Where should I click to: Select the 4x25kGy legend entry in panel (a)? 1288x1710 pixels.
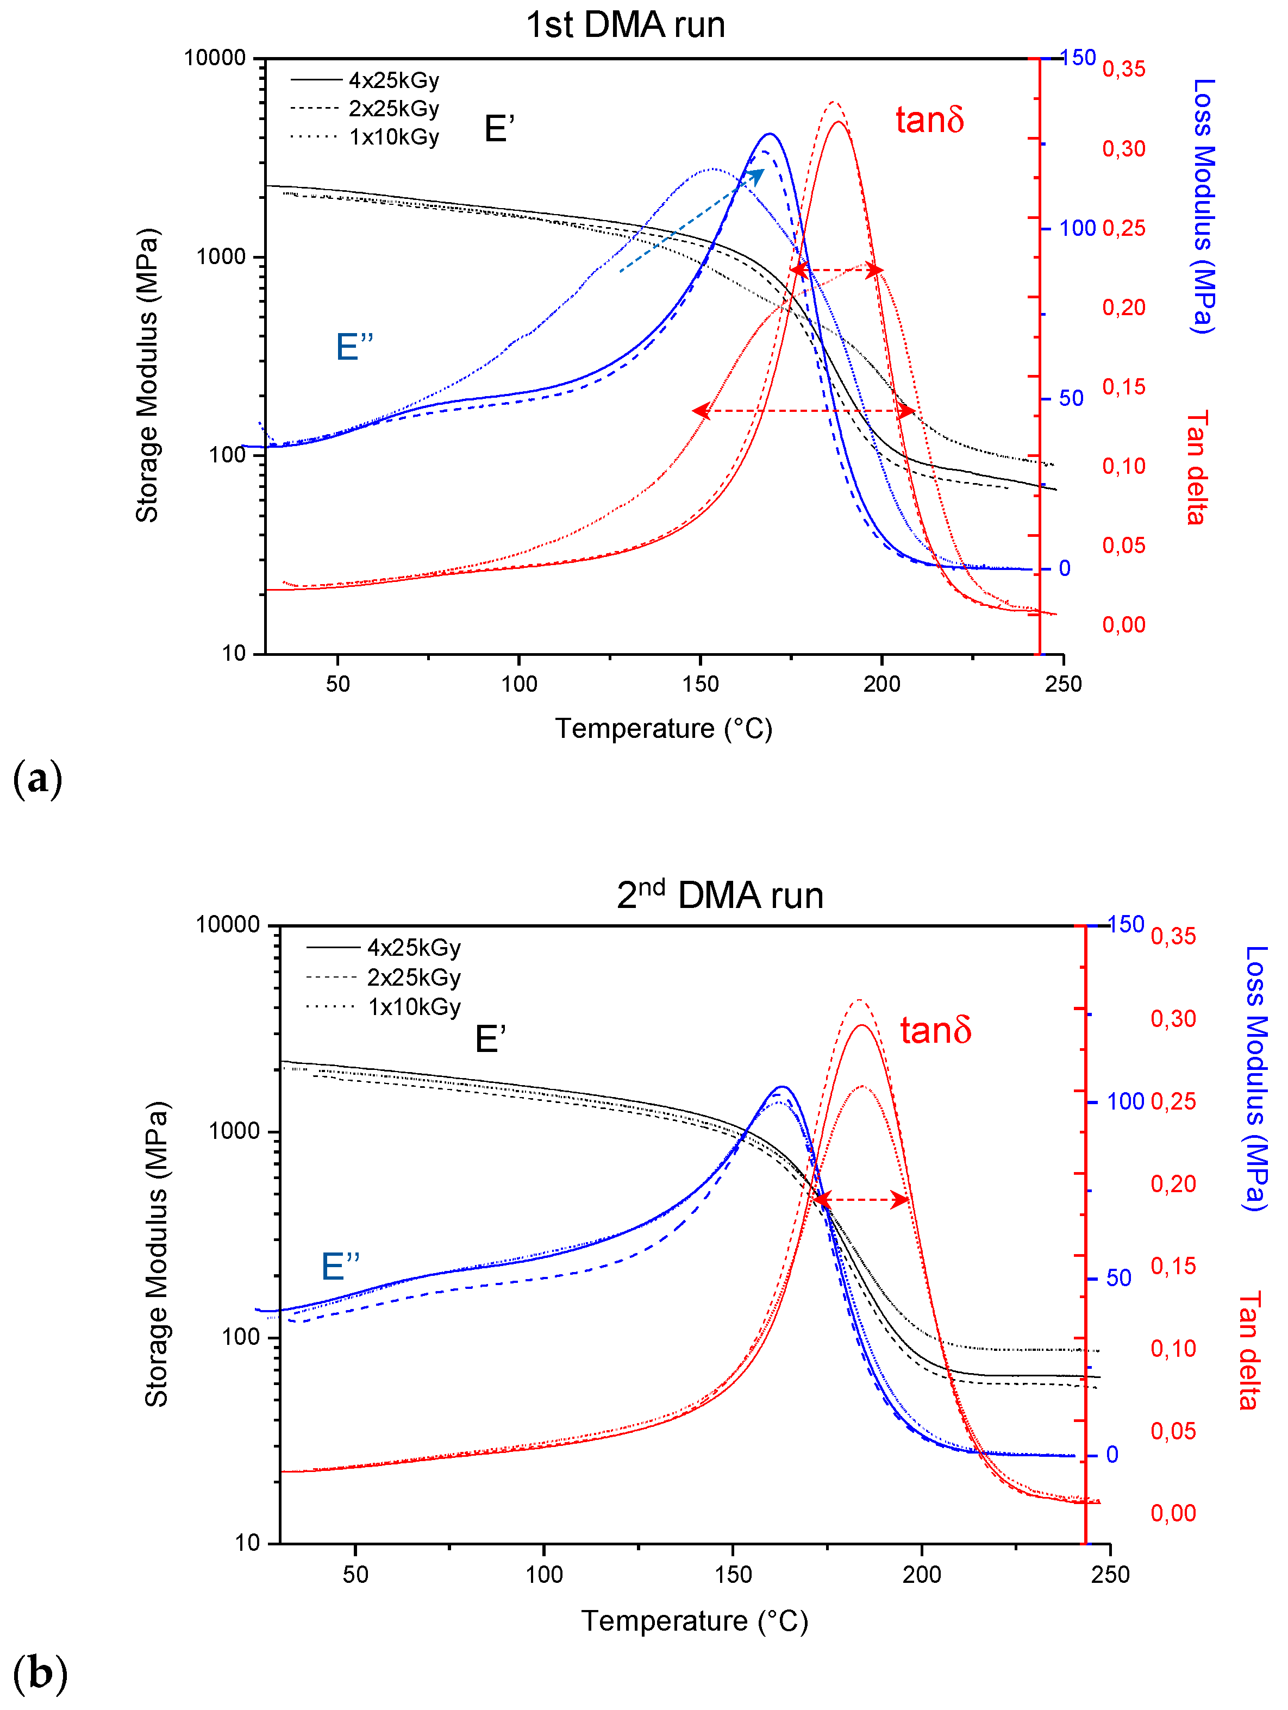[365, 80]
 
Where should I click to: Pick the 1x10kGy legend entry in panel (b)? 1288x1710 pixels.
[384, 1006]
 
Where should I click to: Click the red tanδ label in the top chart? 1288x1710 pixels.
[929, 121]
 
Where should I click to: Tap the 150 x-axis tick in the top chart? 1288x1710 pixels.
[701, 684]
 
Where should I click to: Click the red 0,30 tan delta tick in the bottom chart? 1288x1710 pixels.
[1173, 1019]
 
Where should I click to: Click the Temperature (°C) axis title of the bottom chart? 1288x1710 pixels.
[694, 1620]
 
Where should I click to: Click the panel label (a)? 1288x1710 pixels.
[37, 779]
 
